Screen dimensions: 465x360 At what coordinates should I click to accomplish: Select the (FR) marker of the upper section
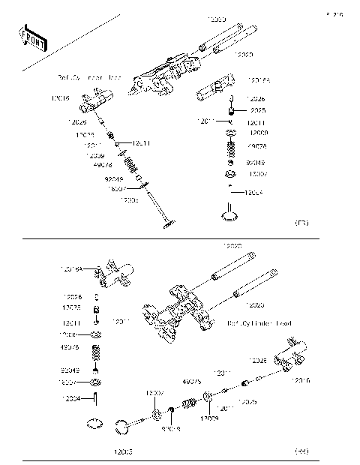tap(302, 223)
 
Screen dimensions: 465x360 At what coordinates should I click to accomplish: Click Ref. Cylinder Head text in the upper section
tap(90, 77)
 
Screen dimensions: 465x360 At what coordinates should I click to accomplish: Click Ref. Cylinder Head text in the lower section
tap(259, 323)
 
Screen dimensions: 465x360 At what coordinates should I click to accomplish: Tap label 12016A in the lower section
tap(71, 268)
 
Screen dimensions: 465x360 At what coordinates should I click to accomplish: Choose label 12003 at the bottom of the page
tap(124, 452)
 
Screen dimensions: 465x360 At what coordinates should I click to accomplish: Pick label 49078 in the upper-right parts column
tap(256, 146)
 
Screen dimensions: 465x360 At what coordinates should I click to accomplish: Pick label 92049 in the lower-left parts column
tap(70, 370)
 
